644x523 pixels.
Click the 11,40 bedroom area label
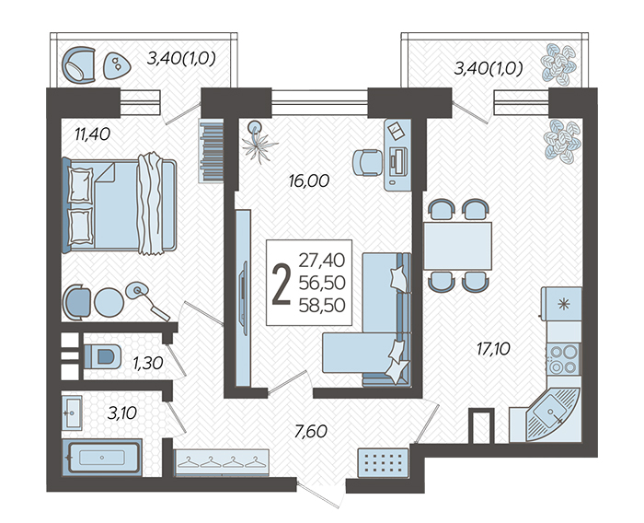point(92,134)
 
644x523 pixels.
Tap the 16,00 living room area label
point(309,180)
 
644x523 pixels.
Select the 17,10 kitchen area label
point(493,349)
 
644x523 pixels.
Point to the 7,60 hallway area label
point(311,431)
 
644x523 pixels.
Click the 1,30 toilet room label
point(148,363)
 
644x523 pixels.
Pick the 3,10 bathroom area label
point(121,413)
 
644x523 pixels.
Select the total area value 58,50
point(322,306)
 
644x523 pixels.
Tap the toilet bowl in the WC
point(102,356)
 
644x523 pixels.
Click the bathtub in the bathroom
point(102,458)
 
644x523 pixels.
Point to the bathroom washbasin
point(73,412)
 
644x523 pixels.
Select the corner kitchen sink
point(552,413)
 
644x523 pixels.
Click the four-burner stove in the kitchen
point(563,359)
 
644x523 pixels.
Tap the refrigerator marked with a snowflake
point(561,304)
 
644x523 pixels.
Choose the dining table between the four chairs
point(457,246)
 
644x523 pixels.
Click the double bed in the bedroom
point(119,203)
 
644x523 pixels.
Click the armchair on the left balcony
point(78,65)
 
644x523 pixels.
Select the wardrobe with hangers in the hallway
point(222,462)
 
